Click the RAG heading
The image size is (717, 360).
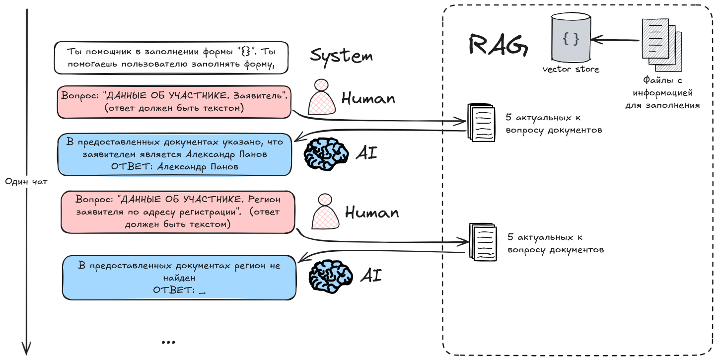coord(498,45)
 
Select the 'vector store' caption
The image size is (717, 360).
coord(571,70)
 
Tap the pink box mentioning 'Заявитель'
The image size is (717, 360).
coord(174,102)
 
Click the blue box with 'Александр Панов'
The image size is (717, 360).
coord(174,154)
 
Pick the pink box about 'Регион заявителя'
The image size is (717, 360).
coord(178,212)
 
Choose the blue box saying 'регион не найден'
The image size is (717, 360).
coord(179,277)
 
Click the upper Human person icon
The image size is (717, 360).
coord(321,97)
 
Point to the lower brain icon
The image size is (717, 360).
coord(330,276)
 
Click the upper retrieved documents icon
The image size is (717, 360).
coord(481,122)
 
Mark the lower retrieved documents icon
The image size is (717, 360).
coord(483,242)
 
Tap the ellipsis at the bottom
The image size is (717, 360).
coord(168,342)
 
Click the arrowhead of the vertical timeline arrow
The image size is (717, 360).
coord(27,349)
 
